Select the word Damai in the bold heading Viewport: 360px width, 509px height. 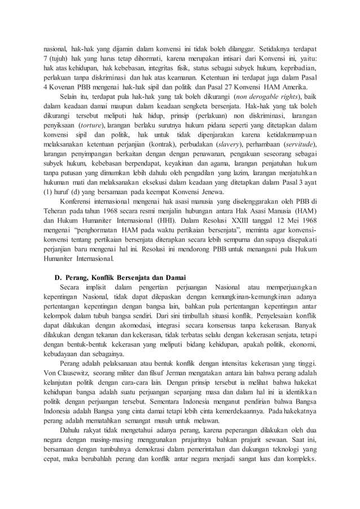click(x=173, y=277)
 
